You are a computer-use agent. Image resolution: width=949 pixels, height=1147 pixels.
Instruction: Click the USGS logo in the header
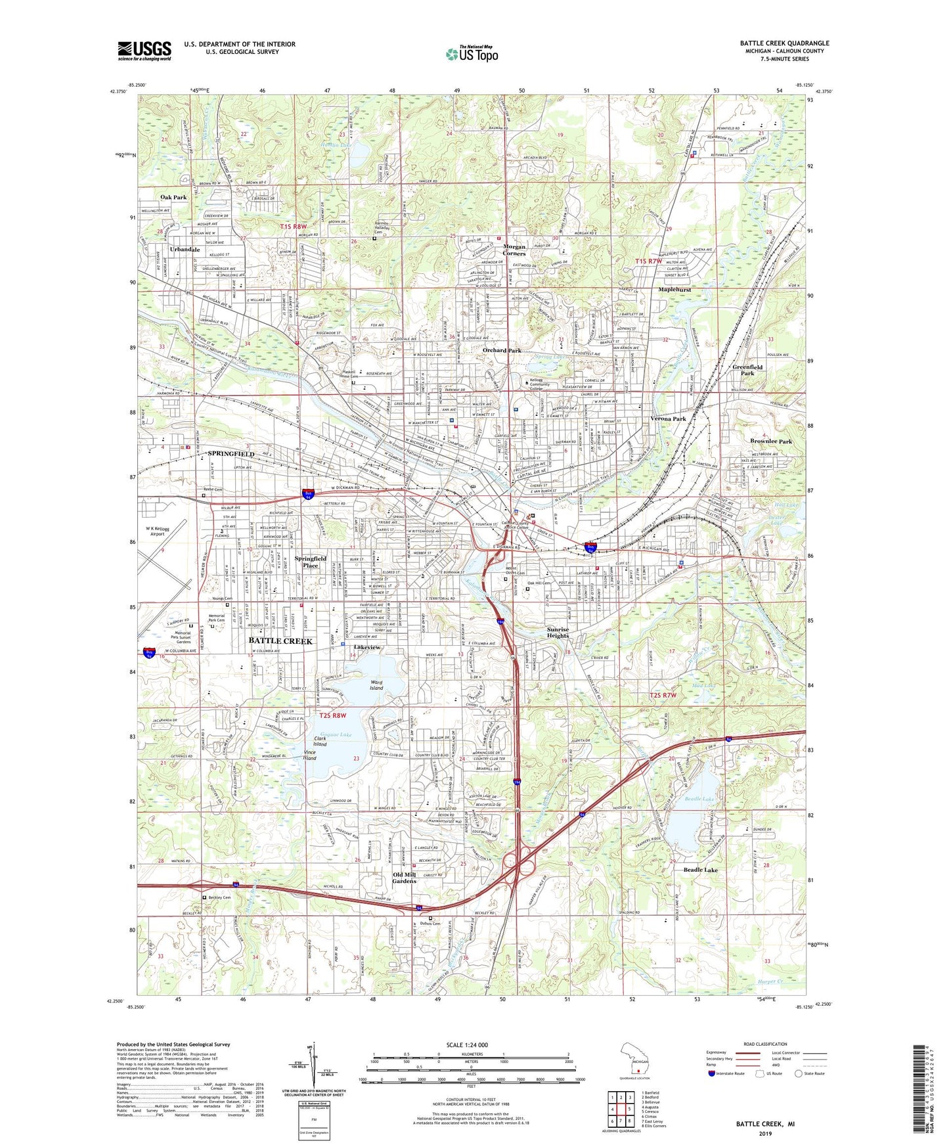pos(144,51)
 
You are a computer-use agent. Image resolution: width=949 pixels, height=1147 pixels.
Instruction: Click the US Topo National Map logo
pos(472,54)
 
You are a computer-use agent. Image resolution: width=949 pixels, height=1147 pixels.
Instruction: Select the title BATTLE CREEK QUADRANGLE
pos(784,43)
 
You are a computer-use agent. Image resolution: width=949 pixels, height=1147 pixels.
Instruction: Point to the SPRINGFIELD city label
pos(231,454)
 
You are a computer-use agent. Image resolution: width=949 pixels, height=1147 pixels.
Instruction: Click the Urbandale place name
pos(185,250)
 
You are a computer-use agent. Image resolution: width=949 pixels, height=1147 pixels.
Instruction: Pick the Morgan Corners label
pos(514,250)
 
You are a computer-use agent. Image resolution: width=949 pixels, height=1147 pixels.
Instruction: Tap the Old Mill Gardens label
pos(405,878)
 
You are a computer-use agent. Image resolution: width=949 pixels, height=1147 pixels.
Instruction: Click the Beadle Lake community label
pos(701,870)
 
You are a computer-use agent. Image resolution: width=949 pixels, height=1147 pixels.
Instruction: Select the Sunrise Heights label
pos(558,633)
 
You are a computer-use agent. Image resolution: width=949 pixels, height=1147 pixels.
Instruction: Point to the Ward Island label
pos(376,685)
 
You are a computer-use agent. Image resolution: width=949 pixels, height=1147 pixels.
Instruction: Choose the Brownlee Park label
pos(771,441)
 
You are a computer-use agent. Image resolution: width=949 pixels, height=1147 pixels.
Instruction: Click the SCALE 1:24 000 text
pos(467,1045)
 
